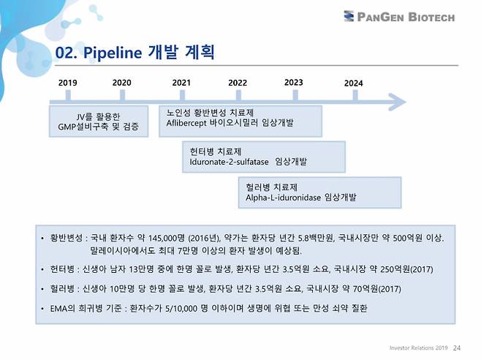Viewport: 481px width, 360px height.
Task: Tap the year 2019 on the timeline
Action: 67,83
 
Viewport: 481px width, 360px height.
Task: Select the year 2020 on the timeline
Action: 122,82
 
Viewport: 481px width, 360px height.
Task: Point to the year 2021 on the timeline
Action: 181,82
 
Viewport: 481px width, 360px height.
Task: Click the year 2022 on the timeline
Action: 238,83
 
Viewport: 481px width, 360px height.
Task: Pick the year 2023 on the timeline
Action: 294,82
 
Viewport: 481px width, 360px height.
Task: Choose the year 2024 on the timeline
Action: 353,83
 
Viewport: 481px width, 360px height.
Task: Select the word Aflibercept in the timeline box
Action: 189,123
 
